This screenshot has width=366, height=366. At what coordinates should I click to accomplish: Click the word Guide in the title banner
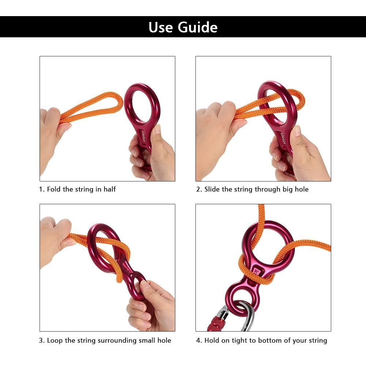[x=198, y=27]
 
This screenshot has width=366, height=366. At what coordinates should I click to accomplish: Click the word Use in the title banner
[x=161, y=27]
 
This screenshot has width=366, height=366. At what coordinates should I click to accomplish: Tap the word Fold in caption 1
[x=54, y=189]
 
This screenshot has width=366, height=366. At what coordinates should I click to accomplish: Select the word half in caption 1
[x=109, y=189]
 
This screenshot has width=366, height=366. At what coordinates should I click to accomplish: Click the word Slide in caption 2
[x=212, y=189]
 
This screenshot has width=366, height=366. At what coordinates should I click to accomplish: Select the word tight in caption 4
[x=239, y=340]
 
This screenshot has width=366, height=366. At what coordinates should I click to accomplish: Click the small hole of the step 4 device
[x=240, y=298]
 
